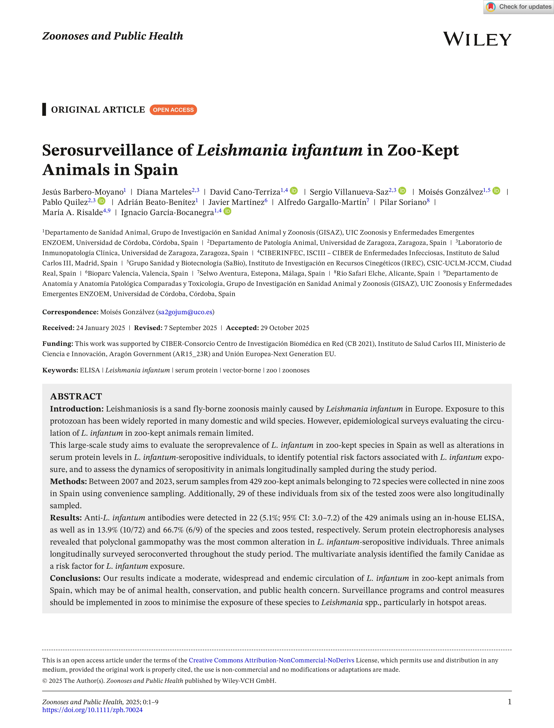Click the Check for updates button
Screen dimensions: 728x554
point(519,7)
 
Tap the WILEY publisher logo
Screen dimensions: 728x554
point(477,39)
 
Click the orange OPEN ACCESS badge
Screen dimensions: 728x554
point(173,110)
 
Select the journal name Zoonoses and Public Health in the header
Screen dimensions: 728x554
point(112,36)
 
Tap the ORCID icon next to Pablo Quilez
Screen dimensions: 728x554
point(102,201)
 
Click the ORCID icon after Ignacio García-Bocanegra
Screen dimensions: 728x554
point(228,211)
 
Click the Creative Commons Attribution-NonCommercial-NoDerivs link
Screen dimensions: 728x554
point(271,660)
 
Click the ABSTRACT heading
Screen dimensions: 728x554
point(76,396)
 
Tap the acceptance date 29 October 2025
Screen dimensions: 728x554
point(285,328)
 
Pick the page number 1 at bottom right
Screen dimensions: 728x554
point(510,702)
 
